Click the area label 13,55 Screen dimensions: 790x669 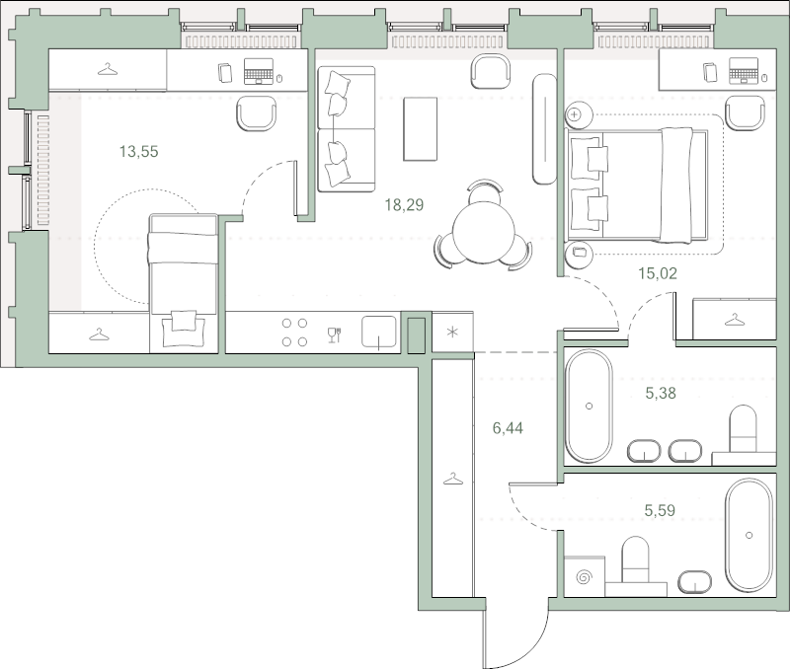click(x=138, y=151)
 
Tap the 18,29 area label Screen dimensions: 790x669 click(x=404, y=205)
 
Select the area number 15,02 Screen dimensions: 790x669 click(x=658, y=273)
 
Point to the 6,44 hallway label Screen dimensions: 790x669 click(x=508, y=428)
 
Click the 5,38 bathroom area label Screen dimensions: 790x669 click(x=661, y=393)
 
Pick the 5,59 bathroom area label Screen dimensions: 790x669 click(x=660, y=510)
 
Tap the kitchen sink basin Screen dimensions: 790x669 click(x=379, y=332)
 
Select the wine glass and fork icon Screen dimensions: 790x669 click(x=335, y=334)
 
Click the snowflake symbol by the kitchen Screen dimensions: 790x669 click(x=453, y=333)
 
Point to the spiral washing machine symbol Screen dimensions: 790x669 click(x=584, y=577)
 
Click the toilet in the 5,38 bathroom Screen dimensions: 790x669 click(x=744, y=428)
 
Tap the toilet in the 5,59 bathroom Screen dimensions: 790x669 click(x=635, y=559)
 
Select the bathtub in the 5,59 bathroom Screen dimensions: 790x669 click(x=749, y=535)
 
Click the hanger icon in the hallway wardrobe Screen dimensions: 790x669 click(x=452, y=479)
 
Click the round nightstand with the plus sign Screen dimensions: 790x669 click(x=574, y=115)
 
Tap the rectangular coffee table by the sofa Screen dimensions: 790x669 click(x=420, y=129)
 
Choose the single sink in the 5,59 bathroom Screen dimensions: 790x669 click(x=695, y=581)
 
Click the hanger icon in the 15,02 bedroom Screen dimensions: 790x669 click(x=734, y=319)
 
